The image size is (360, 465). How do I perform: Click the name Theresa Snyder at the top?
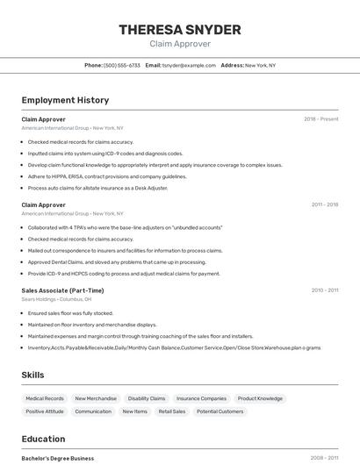click(x=180, y=30)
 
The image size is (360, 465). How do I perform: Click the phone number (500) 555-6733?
click(x=122, y=65)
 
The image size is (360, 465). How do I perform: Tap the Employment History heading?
click(x=65, y=100)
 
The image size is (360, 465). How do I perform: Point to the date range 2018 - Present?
click(x=320, y=119)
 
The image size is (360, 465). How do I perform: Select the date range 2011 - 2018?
click(x=324, y=204)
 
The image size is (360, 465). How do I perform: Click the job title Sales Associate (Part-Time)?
click(x=62, y=290)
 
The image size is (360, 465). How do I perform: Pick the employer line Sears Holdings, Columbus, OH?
click(x=56, y=299)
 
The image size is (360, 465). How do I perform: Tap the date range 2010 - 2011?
click(x=324, y=290)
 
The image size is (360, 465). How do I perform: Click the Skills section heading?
click(x=32, y=375)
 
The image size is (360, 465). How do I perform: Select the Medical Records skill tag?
click(x=45, y=398)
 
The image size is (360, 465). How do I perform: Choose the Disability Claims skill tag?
click(x=147, y=398)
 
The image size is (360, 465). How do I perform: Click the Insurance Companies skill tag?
click(x=201, y=398)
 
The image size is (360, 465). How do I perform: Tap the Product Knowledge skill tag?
click(x=260, y=398)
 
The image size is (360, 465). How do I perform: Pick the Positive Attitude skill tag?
click(x=45, y=411)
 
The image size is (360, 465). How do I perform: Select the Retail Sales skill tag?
click(x=171, y=411)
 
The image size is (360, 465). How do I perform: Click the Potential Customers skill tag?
click(x=220, y=411)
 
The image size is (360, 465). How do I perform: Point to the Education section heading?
click(x=43, y=439)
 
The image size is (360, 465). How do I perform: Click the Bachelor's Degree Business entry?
click(x=57, y=458)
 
